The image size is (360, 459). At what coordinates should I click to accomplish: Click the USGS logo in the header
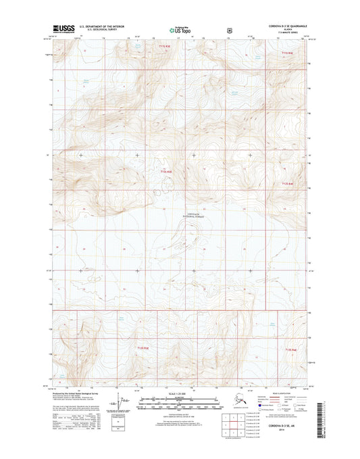pyautogui.click(x=63, y=29)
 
